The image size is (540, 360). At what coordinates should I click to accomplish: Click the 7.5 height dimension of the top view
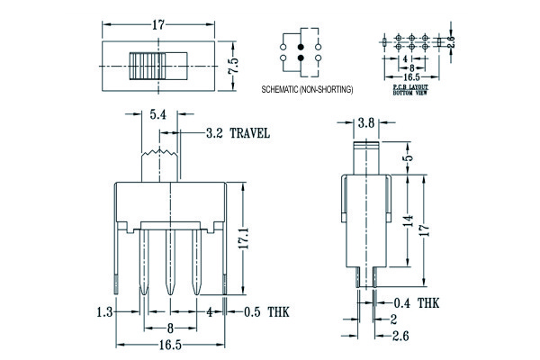(232, 66)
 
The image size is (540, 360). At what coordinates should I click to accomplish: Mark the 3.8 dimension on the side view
(366, 122)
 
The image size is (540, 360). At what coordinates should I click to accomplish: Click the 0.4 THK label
(418, 302)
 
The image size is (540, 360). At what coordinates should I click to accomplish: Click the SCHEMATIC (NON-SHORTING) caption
(307, 91)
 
